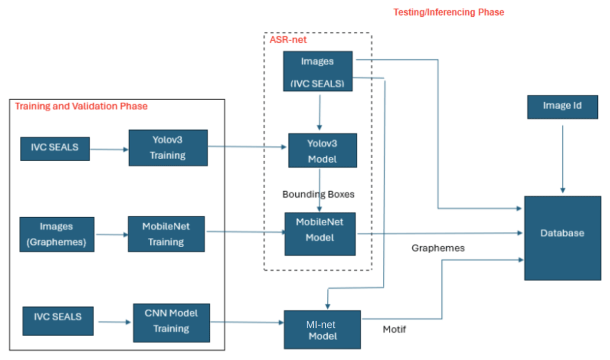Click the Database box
tap(562, 237)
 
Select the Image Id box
tap(562, 107)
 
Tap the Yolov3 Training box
tap(168, 148)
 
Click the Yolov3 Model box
tap(322, 151)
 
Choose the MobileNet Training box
tap(166, 234)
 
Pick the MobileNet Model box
tap(320, 234)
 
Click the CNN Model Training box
tap(171, 322)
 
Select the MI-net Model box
tap(322, 329)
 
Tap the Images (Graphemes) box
tap(56, 234)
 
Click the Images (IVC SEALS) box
tap(318, 71)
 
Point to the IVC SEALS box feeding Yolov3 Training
tap(55, 148)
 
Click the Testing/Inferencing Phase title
tap(449, 12)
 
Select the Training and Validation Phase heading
tap(81, 106)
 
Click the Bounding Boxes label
tap(318, 194)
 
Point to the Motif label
tap(394, 329)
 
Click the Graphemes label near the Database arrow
tap(438, 248)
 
